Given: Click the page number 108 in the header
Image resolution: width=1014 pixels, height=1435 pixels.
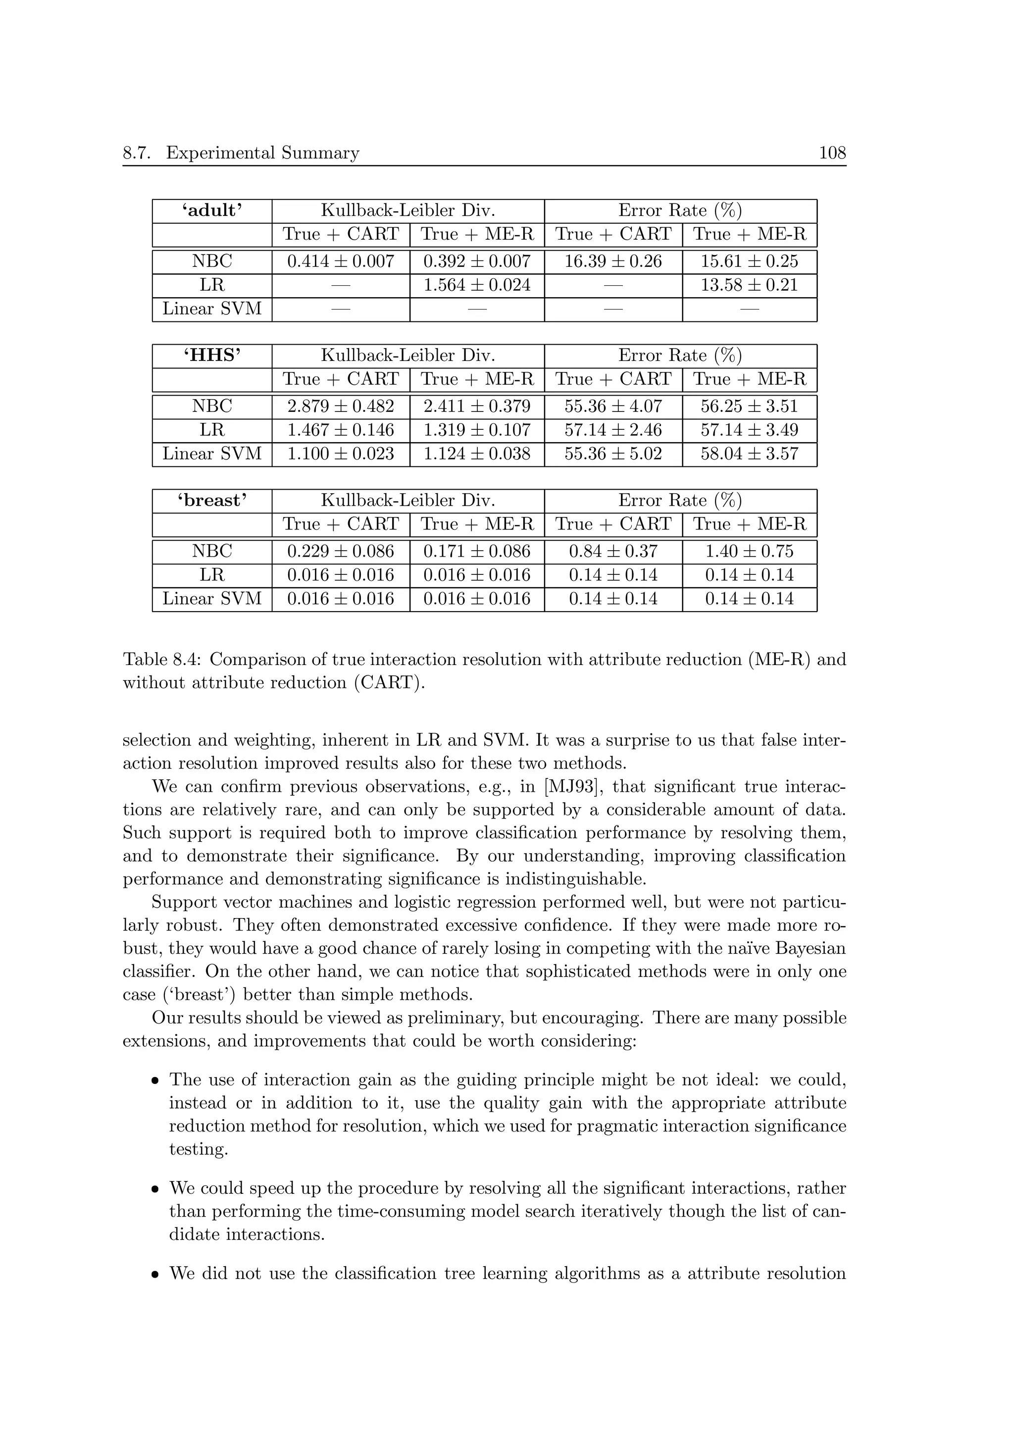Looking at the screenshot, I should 832,153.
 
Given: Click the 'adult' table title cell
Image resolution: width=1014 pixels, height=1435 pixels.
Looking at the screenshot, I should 212,210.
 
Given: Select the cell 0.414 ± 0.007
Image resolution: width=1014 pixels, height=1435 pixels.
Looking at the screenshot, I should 341,261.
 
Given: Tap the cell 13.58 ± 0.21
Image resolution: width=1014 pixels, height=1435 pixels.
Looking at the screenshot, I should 749,285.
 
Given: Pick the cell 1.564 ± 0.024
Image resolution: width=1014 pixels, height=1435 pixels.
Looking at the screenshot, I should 477,285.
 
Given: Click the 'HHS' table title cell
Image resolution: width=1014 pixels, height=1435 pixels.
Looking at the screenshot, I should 212,356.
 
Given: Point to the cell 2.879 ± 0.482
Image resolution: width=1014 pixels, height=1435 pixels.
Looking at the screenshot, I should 341,406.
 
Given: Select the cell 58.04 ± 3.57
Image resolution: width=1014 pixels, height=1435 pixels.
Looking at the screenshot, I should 749,454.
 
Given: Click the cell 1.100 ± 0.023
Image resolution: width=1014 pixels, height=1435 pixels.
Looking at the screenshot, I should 341,454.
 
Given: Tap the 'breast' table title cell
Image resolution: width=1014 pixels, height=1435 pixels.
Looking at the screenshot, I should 212,501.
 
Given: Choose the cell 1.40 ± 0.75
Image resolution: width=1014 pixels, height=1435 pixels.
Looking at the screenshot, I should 749,551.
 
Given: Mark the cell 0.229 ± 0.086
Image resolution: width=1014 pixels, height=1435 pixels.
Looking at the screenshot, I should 341,551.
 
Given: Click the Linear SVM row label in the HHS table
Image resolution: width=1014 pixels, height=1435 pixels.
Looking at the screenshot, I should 212,454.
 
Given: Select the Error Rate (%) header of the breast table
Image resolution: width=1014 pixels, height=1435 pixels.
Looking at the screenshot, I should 680,501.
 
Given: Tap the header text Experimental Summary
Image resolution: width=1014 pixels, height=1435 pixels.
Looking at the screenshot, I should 262,153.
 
